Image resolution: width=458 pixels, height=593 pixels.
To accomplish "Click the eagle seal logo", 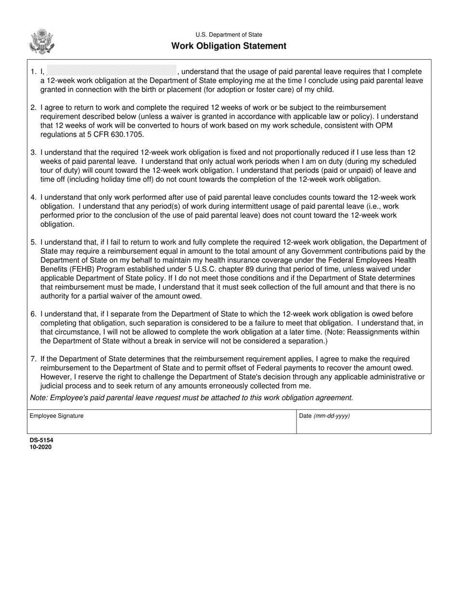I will coord(42,42).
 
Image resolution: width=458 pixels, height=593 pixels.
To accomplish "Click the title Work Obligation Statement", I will coord(229,46).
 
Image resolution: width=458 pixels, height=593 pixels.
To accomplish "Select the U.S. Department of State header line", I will coord(229,35).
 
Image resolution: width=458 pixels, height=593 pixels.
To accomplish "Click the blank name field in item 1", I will coord(111,71).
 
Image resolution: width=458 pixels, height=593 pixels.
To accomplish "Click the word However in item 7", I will coord(56,377).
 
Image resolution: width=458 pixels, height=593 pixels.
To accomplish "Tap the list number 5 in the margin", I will coord(33,243).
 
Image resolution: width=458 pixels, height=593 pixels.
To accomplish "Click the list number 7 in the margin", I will coord(33,359).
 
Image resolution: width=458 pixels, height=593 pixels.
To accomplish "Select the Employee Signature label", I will coord(56,416).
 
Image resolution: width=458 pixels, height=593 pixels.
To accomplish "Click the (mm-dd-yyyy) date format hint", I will coord(332,416).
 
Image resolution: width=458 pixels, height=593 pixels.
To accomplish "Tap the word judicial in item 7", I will coord(54,386).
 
